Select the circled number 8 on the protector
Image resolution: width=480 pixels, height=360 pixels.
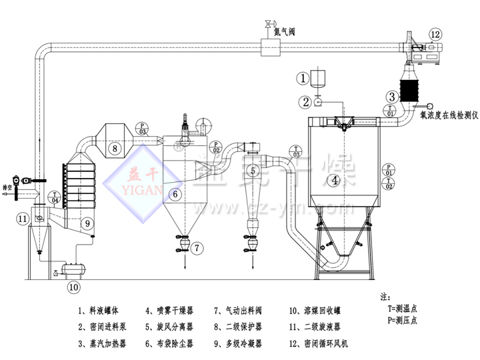coord(115,147)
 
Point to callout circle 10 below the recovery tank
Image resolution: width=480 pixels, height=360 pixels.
coord(73,287)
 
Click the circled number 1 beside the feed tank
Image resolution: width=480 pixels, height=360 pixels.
coord(303,79)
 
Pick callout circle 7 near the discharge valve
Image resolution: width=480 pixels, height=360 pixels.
coord(197,247)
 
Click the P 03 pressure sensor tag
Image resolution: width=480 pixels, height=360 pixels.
coord(142,128)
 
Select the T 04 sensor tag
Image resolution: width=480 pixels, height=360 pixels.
coord(55,197)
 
